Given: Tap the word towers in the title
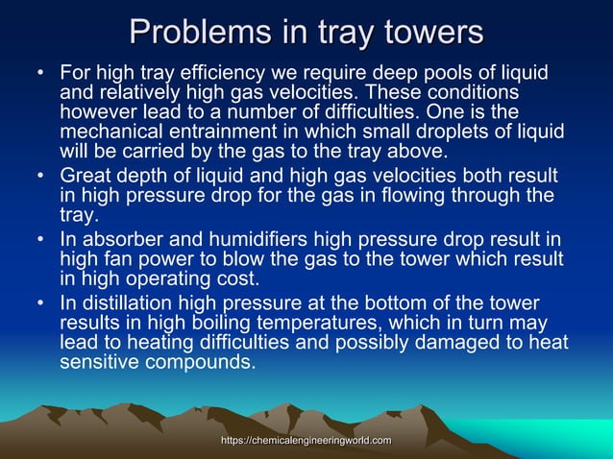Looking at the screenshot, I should (x=429, y=33).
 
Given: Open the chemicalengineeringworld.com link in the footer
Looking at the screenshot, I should (x=306, y=440).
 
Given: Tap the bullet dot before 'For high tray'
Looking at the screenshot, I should (x=39, y=74).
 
